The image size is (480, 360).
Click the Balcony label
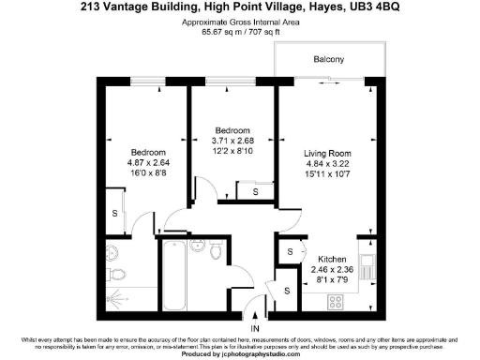point(328,60)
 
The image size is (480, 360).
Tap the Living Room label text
point(327,151)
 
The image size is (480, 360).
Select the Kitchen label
point(333,259)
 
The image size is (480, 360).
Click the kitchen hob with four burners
point(335,301)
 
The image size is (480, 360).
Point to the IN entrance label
point(255,329)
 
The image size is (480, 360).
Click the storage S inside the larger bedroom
point(115,213)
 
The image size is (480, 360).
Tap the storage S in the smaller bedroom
point(256,192)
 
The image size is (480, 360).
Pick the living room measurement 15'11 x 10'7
point(327,173)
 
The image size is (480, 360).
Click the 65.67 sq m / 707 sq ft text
point(240,30)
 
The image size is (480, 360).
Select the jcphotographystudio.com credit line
point(240,355)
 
